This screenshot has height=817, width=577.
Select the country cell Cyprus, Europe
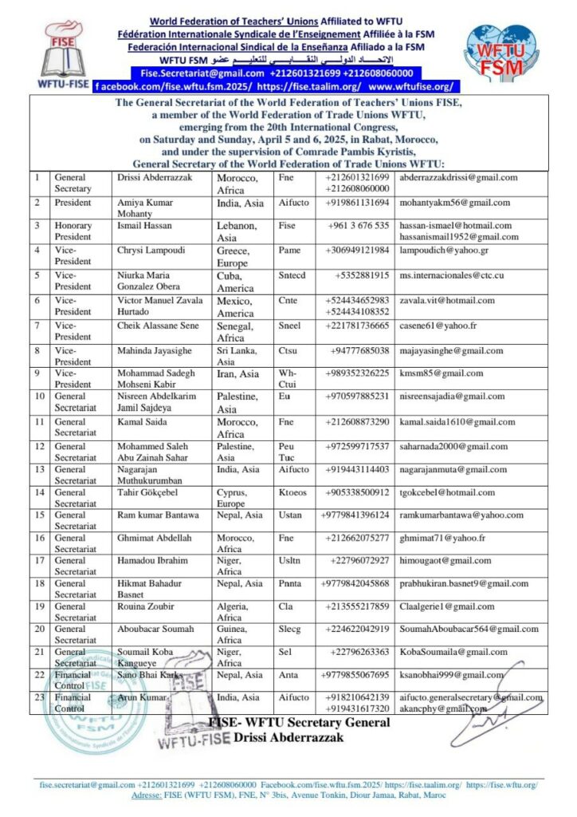pos(237,498)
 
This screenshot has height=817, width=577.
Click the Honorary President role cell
pos(73,231)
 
